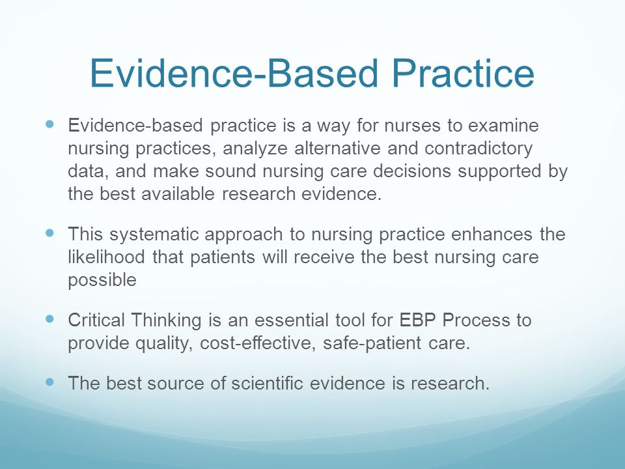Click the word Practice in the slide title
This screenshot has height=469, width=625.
[463, 73]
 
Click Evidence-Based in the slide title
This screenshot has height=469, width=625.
[234, 73]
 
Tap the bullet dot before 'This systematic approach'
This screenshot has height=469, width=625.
[49, 233]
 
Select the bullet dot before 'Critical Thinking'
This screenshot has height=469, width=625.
[49, 319]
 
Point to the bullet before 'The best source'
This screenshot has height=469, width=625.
[49, 382]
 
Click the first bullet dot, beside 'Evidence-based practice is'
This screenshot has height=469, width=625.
[49, 124]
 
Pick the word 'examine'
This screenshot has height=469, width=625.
[503, 125]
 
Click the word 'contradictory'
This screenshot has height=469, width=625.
[479, 149]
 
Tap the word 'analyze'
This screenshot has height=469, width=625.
[255, 149]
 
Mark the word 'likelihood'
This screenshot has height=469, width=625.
[106, 257]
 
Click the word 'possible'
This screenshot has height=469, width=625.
[102, 280]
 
